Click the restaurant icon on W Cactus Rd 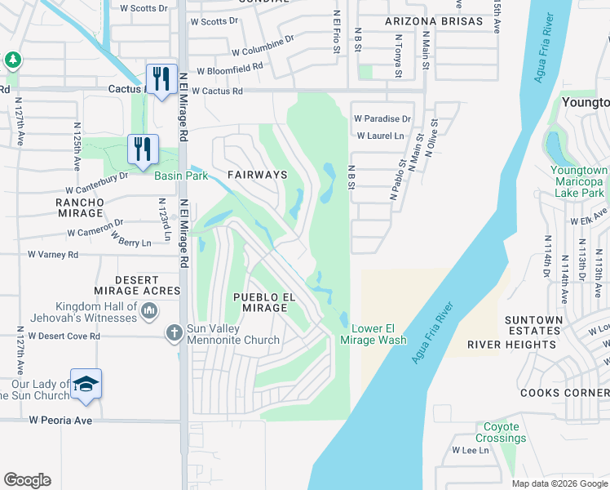coord(161,79)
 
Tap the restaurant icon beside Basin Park coord(143,149)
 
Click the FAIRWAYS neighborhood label coord(257,175)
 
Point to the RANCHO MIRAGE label coord(80,207)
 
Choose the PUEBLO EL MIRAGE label coord(260,302)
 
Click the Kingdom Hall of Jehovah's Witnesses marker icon coord(149,310)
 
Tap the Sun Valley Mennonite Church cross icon coord(174,332)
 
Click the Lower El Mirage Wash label coord(379,334)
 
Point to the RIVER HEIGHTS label coord(511,345)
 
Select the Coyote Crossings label coord(502,432)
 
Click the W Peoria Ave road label coord(62,420)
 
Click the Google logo coord(27,480)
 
